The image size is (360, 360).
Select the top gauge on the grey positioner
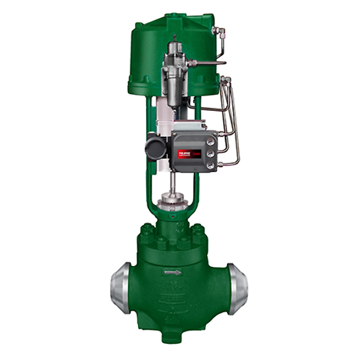[210, 136]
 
